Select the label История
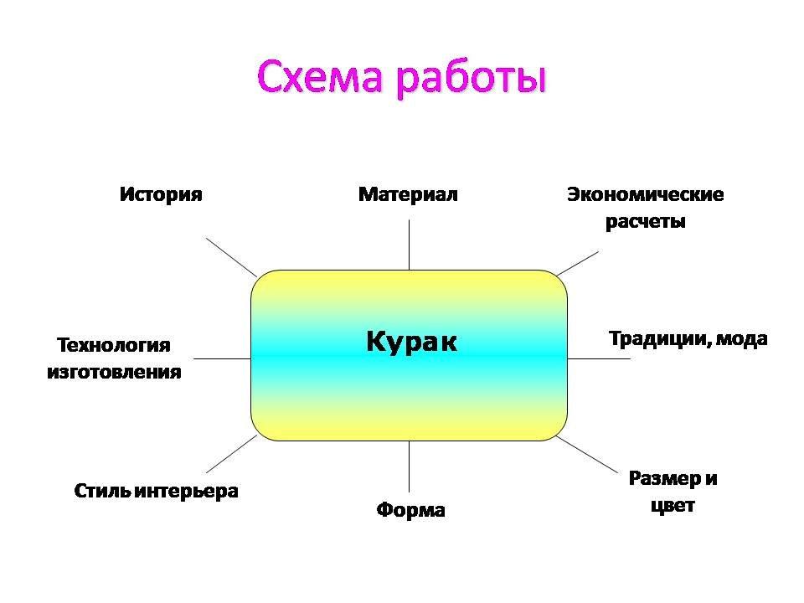161,195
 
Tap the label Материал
408,195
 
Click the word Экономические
645,195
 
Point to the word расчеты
646,222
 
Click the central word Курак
412,342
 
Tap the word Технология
113,346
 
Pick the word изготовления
114,372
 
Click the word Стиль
100,492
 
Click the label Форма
410,510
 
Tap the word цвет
673,506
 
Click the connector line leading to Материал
410,245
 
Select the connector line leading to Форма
410,466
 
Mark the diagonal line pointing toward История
230,256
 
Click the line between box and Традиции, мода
598,358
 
